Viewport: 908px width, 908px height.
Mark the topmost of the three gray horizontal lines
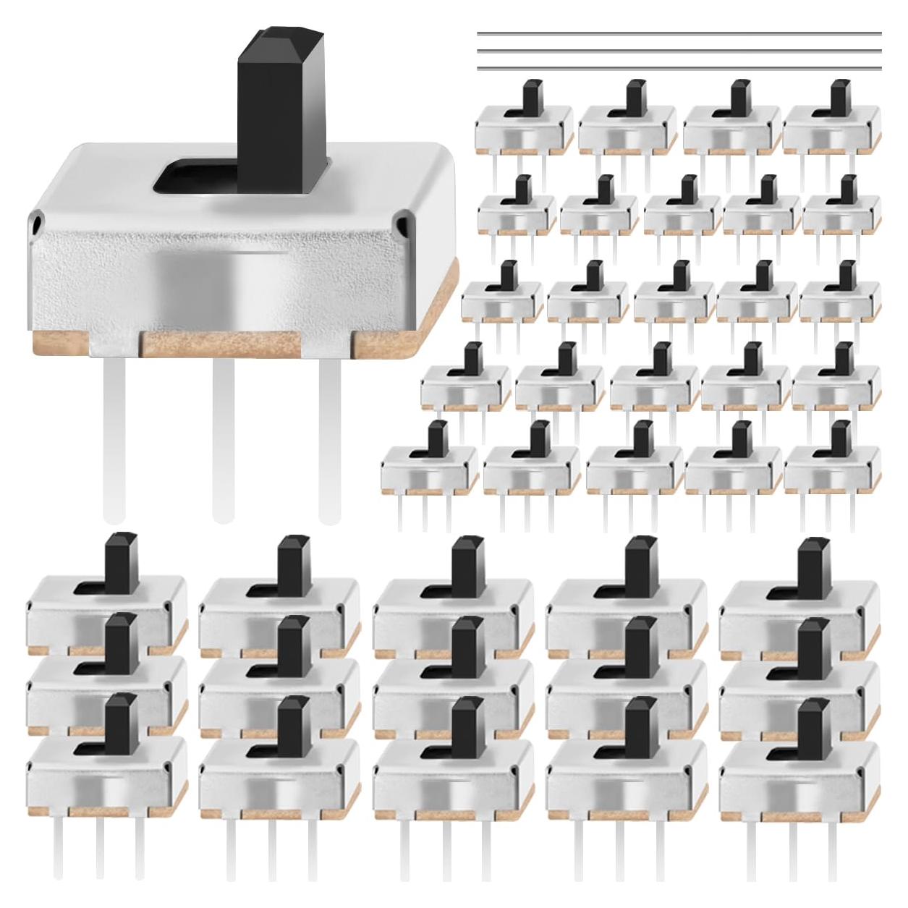tap(679, 33)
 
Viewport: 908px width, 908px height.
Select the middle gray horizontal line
tap(679, 51)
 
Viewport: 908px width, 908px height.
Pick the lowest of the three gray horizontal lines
tap(679, 68)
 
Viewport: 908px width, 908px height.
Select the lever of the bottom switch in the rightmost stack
tap(815, 724)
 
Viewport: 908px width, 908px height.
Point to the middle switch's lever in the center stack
tap(467, 641)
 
